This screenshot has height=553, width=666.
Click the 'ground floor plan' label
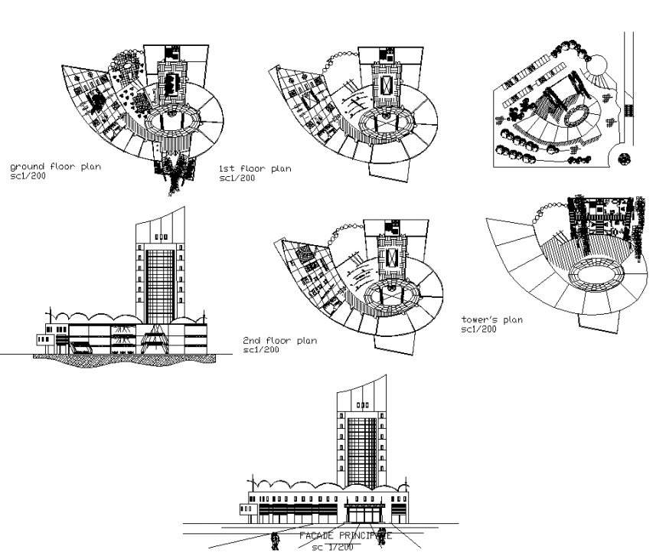[x=54, y=165]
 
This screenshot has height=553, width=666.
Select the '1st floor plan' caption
[x=255, y=169]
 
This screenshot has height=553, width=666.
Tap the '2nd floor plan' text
[x=279, y=340]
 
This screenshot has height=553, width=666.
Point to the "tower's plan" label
[x=492, y=319]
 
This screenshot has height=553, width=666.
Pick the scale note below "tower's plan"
[x=479, y=329]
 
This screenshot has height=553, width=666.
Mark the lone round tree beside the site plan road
[x=624, y=159]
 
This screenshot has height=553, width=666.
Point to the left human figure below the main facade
[x=275, y=541]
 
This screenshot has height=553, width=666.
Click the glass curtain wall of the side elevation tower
[x=159, y=285]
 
